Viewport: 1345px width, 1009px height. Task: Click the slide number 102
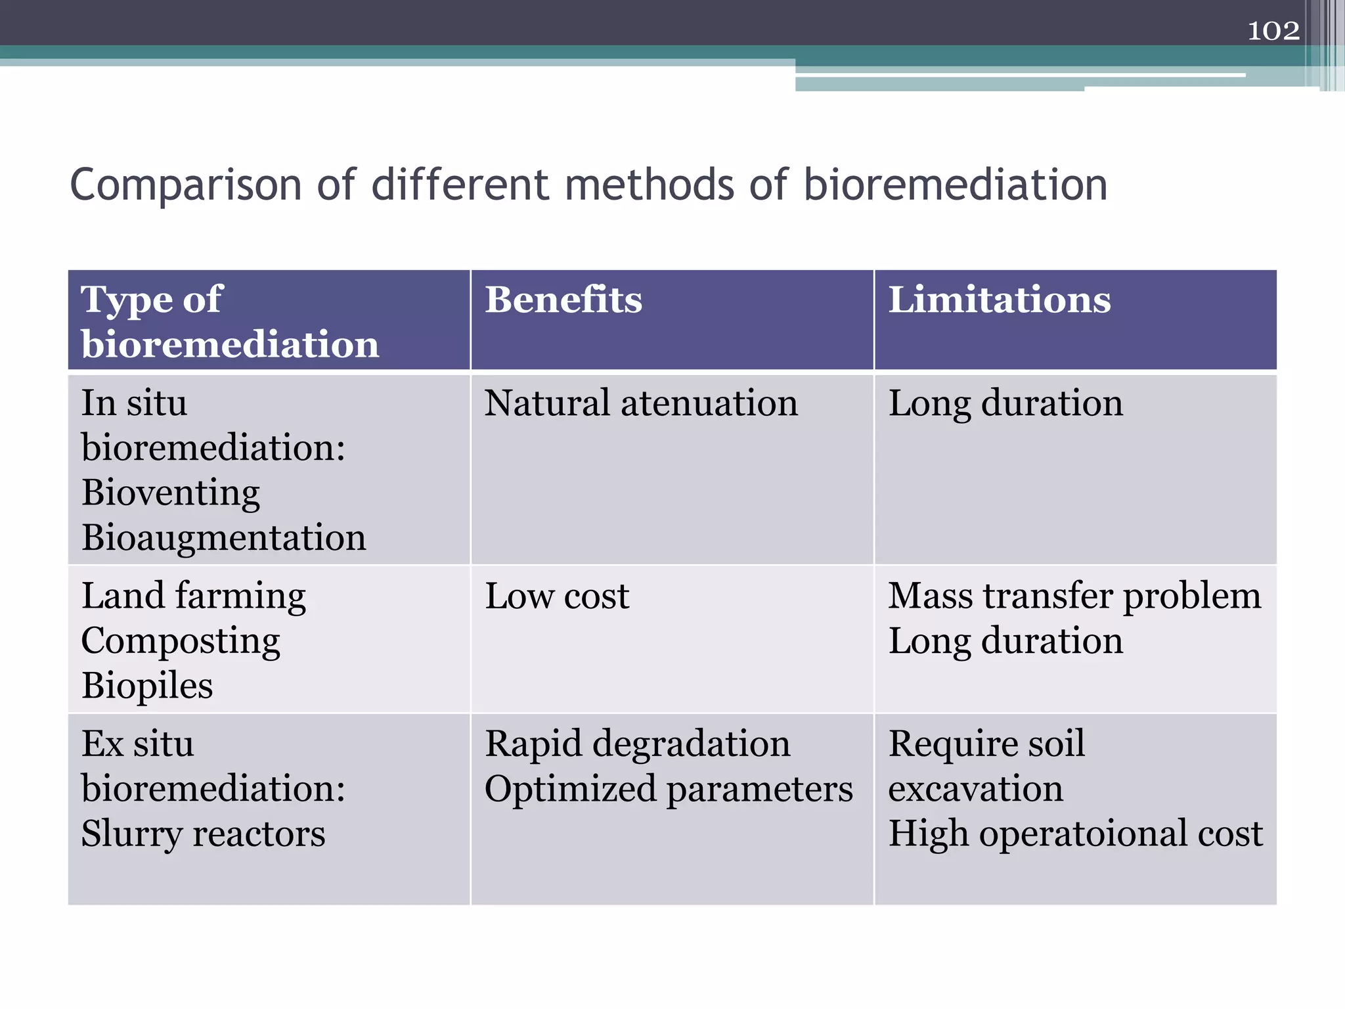coord(1273,31)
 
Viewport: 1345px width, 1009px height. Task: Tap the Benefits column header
coord(563,300)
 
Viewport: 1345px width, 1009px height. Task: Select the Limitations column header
coord(999,300)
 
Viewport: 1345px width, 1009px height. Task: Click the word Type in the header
coord(123,300)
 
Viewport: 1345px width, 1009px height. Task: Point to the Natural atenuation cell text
coord(641,403)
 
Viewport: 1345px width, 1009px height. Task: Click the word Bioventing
coord(171,493)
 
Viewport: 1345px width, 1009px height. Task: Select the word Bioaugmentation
coord(224,537)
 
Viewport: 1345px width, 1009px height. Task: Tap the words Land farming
coord(194,596)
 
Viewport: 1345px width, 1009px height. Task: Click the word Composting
coord(181,641)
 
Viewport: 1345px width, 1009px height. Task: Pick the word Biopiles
coord(147,686)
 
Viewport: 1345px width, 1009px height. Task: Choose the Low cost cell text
coord(557,596)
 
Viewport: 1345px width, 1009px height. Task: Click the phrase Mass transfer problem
coord(1074,596)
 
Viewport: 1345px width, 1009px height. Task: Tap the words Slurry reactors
coord(203,834)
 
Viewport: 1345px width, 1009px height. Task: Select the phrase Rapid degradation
coord(637,744)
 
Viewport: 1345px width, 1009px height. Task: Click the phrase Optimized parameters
coord(669,789)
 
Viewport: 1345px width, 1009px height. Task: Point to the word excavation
coord(975,788)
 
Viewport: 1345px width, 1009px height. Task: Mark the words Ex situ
coord(137,744)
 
